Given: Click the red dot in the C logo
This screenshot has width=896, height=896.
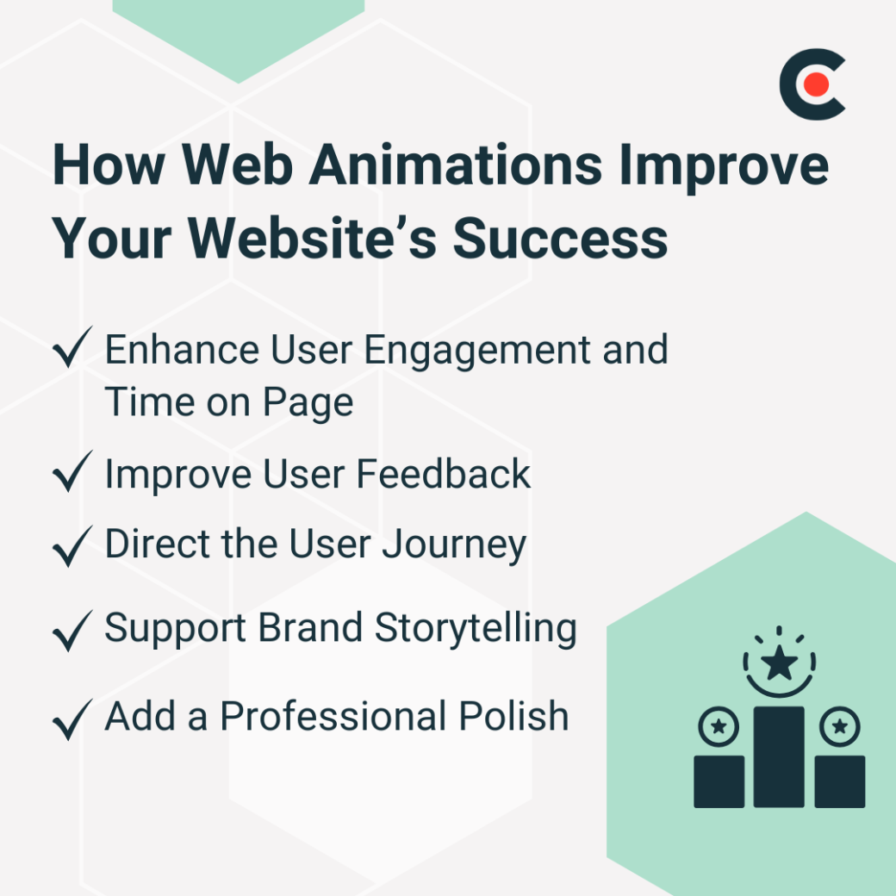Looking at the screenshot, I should point(817,84).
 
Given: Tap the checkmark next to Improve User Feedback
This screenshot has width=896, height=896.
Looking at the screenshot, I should point(72,475).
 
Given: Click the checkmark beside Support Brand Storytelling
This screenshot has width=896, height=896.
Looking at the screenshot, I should point(72,632).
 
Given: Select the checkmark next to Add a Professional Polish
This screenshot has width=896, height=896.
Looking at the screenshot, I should point(72,720).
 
